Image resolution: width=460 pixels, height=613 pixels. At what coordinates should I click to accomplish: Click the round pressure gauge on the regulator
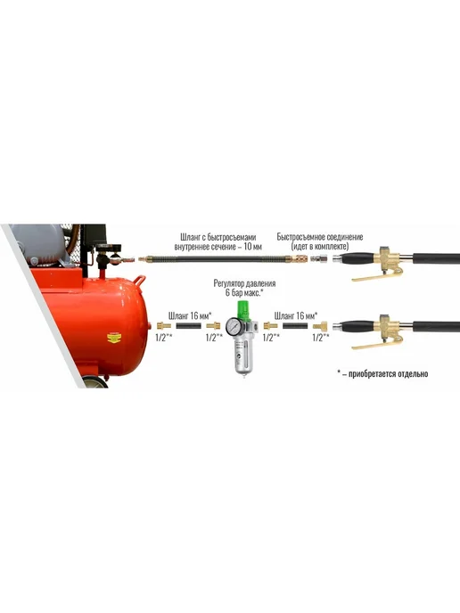234,325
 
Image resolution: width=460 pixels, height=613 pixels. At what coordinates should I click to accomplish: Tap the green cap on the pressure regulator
243,311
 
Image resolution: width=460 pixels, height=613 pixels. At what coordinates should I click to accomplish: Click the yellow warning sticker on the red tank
114,338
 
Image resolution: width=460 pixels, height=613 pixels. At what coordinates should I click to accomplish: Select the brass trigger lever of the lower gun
375,344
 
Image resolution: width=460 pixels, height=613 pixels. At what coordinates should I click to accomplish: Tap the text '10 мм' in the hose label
252,247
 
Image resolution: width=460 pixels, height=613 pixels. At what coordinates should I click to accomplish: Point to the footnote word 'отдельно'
413,373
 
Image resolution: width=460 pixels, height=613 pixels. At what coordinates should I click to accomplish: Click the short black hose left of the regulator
188,326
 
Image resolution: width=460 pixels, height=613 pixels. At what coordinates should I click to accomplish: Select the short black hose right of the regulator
295,326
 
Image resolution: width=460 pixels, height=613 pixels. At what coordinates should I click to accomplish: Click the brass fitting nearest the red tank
163,325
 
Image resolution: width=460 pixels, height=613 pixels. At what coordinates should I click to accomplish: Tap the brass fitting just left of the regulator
213,325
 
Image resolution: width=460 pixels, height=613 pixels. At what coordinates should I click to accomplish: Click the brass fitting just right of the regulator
270,325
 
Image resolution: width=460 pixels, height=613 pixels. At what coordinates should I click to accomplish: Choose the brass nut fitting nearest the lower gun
320,325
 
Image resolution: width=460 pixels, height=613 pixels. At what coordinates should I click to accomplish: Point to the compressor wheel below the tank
94,381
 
